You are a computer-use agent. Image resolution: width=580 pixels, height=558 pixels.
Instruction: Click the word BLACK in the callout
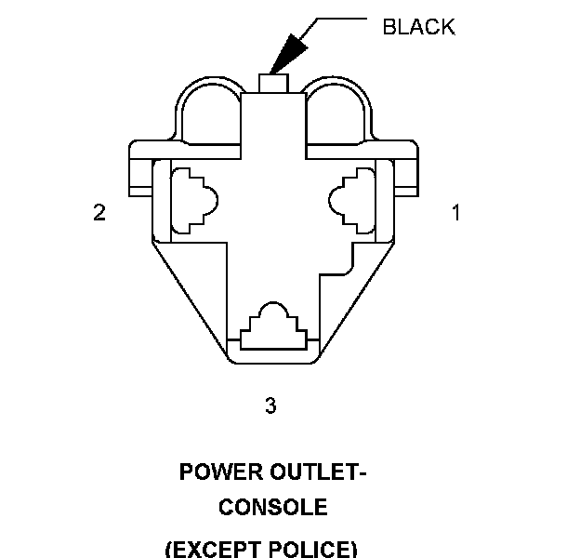pos(418,26)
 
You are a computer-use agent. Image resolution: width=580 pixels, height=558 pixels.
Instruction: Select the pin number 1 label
pos(455,213)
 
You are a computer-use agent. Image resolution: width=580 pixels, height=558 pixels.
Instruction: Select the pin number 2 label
pos(99,213)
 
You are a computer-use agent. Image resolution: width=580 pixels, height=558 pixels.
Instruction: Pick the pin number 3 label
pos(270,405)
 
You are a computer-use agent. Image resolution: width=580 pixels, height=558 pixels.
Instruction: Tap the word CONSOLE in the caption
pos(272,508)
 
